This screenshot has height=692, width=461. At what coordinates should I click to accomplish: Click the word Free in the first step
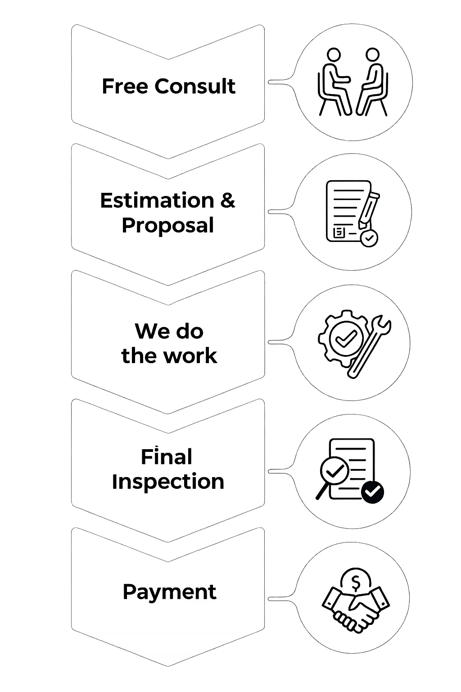click(126, 86)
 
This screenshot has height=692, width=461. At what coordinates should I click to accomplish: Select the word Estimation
click(157, 200)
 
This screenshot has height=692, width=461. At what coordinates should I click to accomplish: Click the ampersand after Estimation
click(228, 200)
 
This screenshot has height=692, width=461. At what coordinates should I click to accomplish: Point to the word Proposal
click(167, 225)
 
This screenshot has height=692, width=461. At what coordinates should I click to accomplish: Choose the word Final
click(166, 457)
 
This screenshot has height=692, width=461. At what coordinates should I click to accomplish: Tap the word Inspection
click(168, 481)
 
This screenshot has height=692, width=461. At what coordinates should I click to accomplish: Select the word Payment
click(169, 592)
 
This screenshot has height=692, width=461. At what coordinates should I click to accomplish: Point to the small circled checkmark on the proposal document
click(370, 238)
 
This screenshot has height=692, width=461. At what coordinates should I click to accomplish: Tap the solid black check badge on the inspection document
click(372, 492)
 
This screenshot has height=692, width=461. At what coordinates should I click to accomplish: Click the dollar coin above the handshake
click(356, 583)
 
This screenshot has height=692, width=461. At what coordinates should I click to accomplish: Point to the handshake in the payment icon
click(356, 608)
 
